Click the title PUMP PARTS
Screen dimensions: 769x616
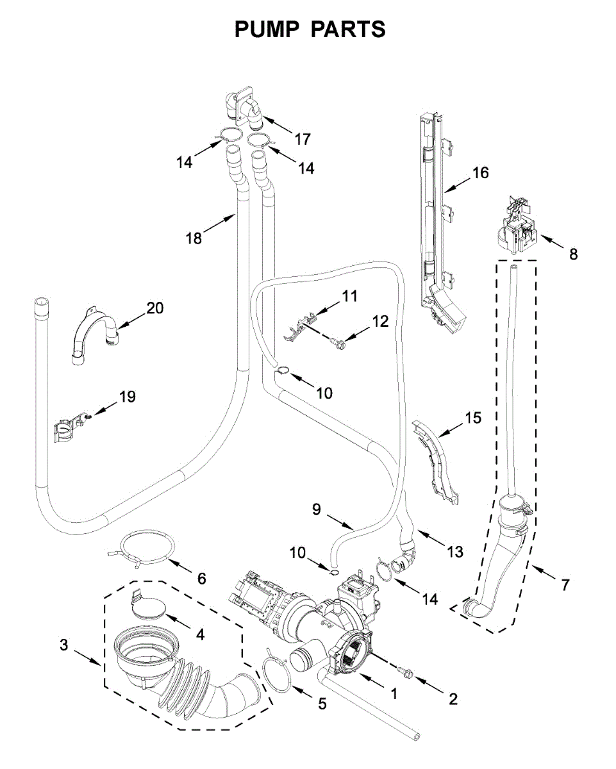coord(310,29)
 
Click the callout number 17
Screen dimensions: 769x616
coord(302,138)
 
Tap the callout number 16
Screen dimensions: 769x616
coord(480,172)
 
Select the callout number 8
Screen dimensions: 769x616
coord(573,254)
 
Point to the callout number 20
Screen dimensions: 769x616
coord(154,308)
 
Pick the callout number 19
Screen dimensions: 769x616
coord(127,397)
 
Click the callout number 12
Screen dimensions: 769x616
coord(380,321)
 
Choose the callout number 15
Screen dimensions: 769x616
coord(472,418)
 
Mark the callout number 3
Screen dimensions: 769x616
coord(63,645)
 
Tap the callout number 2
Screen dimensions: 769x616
coord(453,699)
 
